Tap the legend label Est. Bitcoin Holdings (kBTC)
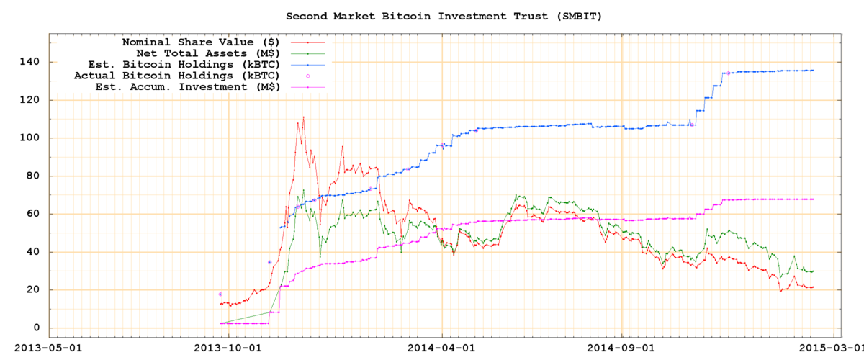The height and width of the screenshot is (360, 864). [190, 64]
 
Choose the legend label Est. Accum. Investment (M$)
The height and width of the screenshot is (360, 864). [187, 86]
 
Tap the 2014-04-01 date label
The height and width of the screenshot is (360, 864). [441, 346]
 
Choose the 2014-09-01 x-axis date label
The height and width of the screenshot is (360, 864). [622, 346]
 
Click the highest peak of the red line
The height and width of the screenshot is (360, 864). [303, 117]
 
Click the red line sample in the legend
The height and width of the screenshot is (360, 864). [307, 42]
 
